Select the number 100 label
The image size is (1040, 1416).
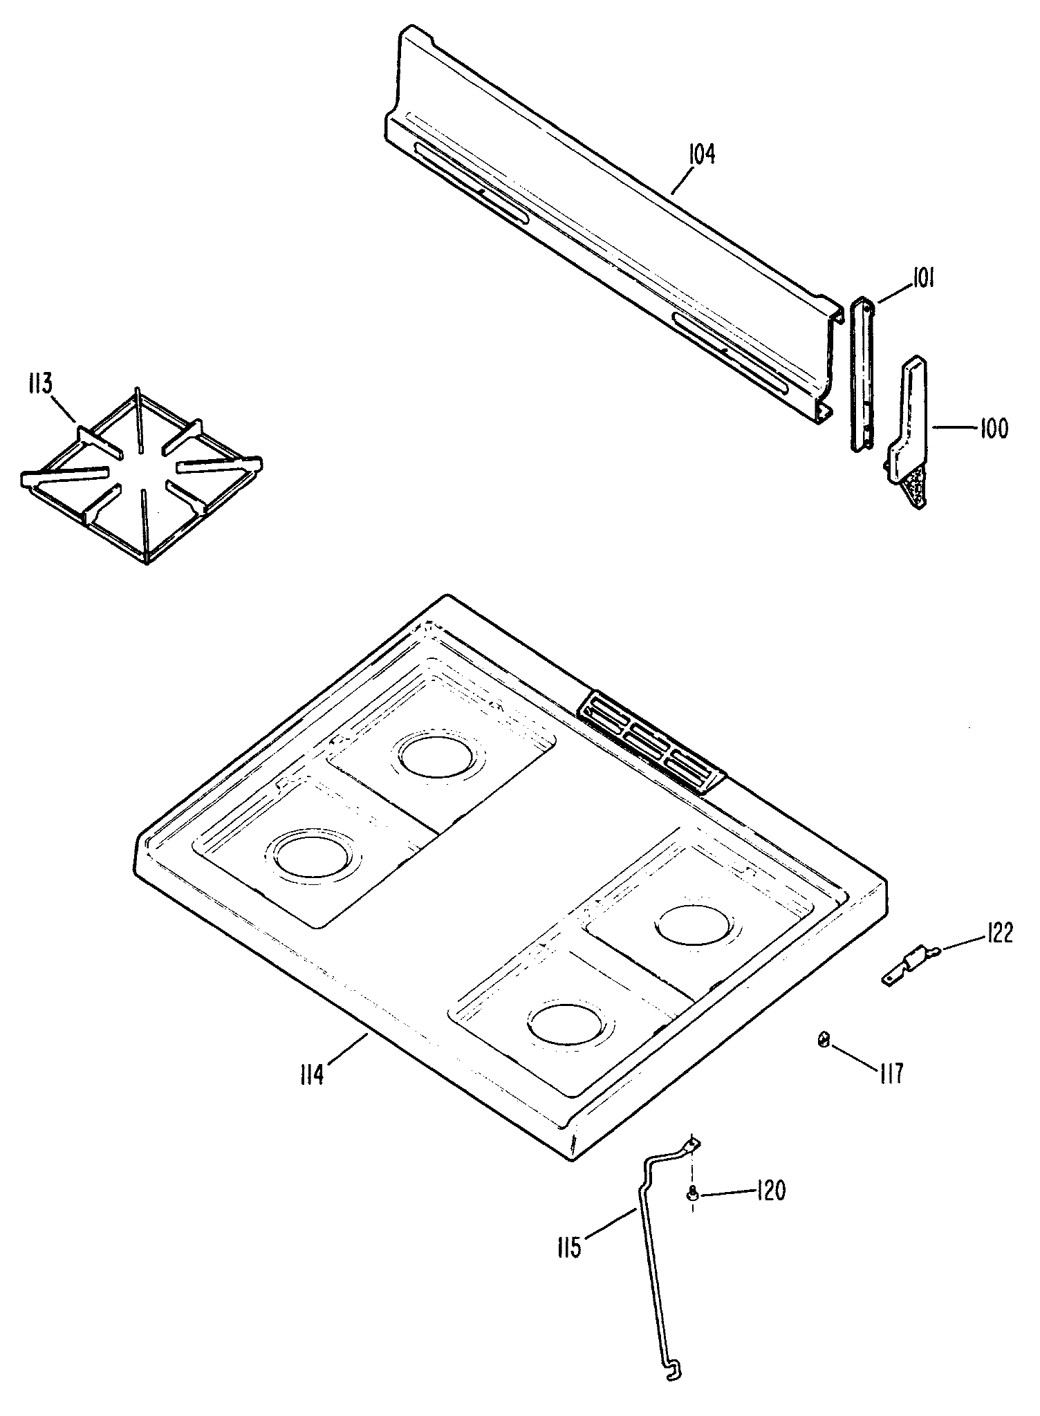[x=993, y=429]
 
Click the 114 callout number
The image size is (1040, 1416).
[x=312, y=1075]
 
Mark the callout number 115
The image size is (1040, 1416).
[x=568, y=1249]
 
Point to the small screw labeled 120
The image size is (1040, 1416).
[x=691, y=1191]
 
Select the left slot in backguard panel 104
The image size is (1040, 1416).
[x=470, y=183]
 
